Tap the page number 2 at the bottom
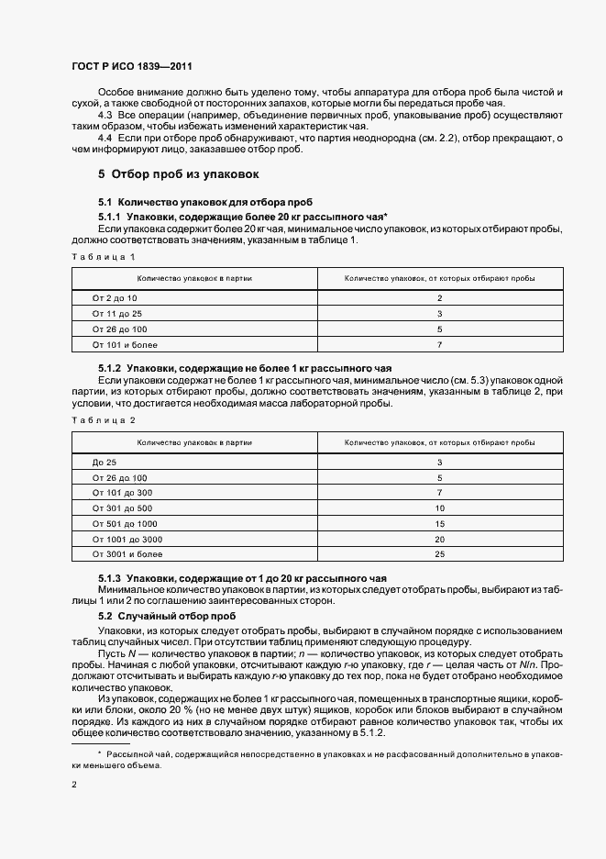[74, 785]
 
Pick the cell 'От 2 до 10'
[115, 298]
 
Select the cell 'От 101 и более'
[125, 345]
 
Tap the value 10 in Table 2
[439, 508]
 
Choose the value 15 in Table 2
[439, 524]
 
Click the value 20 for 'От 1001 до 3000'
[439, 540]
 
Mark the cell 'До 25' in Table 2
[105, 462]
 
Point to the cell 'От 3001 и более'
[127, 555]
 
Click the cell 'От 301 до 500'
[122, 508]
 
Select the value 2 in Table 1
[439, 298]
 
